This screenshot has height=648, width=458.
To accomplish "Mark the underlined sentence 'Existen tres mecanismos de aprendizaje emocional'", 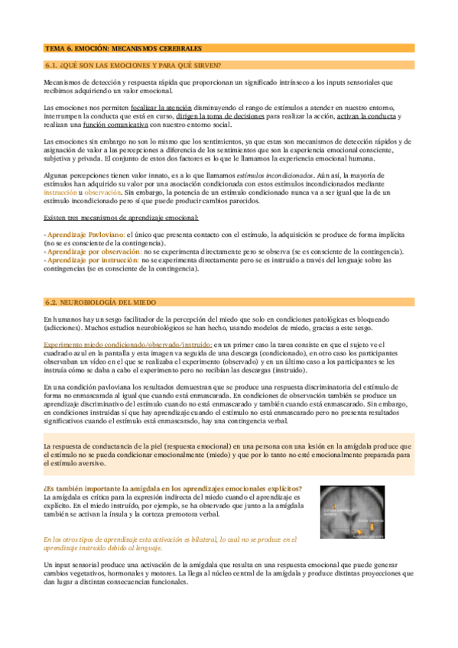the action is pyautogui.click(x=119, y=219).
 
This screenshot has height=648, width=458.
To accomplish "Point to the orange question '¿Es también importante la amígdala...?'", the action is pyautogui.click(x=172, y=488).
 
